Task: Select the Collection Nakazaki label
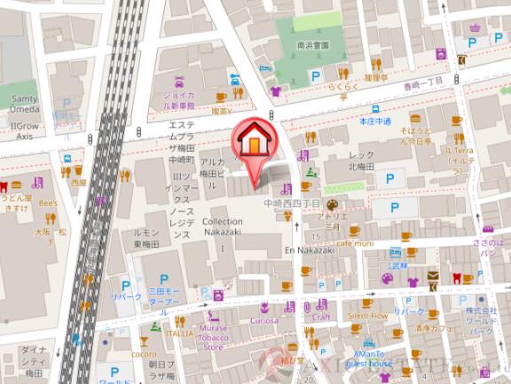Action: click(x=222, y=227)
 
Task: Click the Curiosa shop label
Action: click(x=263, y=319)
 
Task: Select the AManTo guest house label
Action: click(x=366, y=358)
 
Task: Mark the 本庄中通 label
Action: click(x=375, y=121)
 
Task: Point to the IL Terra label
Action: click(x=461, y=156)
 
